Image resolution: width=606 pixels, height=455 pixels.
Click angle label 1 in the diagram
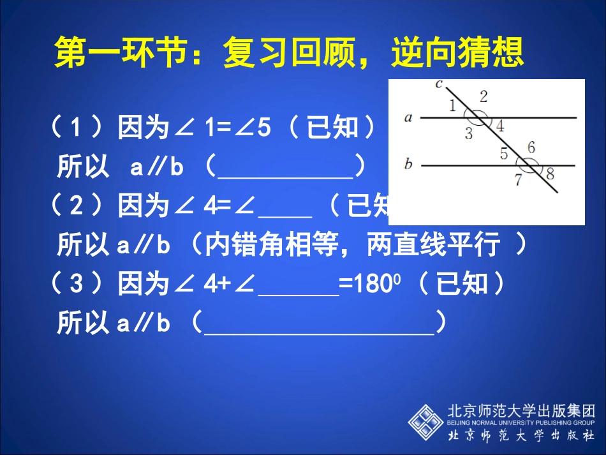452,106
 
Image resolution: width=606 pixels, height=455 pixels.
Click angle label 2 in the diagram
484,96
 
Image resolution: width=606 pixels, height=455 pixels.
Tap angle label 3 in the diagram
469,133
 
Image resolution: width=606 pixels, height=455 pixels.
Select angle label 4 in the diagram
500,126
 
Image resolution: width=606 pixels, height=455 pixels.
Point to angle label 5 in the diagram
503,154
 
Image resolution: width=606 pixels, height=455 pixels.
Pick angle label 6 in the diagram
531,147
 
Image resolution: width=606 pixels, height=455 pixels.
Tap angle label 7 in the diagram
518,180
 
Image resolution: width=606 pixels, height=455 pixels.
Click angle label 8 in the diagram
550,173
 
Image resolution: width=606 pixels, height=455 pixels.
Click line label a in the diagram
408,117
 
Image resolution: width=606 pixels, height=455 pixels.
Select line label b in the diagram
408,165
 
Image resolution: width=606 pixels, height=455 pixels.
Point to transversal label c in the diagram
438,83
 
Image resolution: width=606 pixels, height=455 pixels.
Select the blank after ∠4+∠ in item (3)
297,288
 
